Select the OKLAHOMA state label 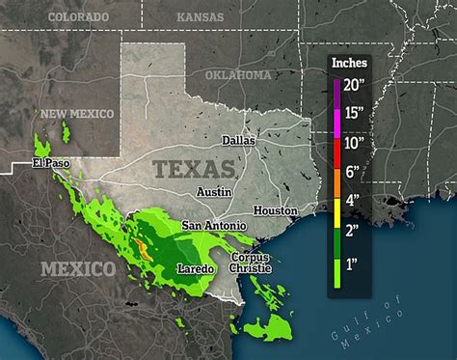238,74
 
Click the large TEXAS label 194,170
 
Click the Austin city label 214,191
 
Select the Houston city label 275,209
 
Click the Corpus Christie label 250,263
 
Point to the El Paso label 51,163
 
